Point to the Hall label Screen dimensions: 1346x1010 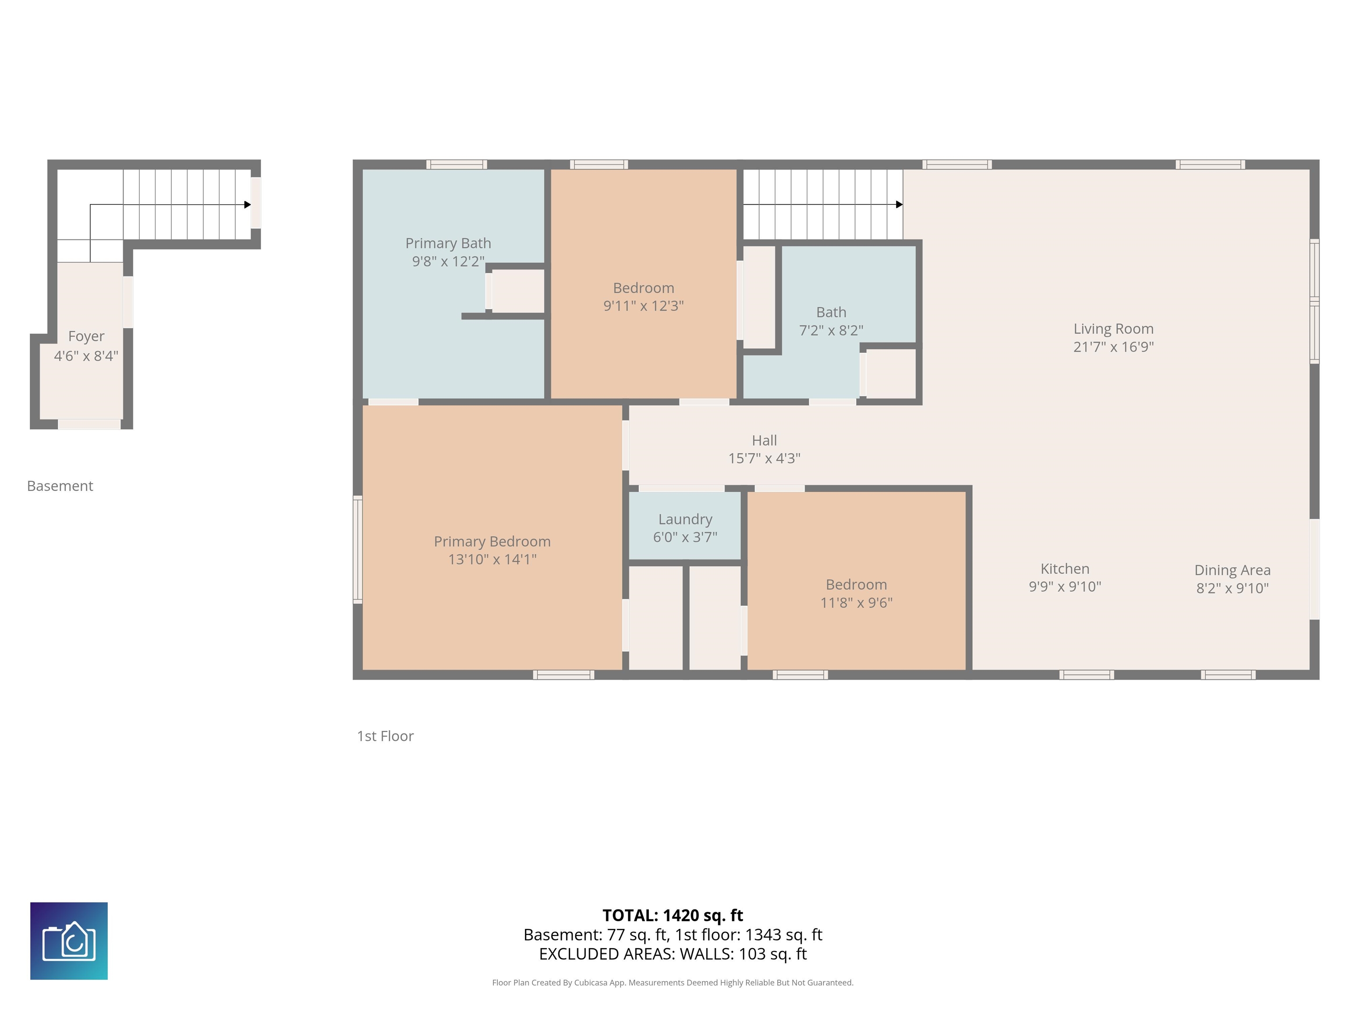click(764, 440)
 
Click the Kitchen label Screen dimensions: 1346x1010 click(1065, 569)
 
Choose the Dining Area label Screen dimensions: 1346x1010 click(1232, 570)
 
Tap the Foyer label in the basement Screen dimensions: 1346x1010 click(86, 337)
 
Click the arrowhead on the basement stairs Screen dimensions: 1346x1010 click(248, 205)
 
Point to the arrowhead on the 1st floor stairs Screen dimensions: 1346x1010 click(900, 205)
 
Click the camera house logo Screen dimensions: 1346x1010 click(69, 941)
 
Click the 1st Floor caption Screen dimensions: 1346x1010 click(385, 736)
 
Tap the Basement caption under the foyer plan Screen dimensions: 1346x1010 click(60, 486)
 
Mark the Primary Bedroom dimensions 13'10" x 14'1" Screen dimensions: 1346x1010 click(492, 559)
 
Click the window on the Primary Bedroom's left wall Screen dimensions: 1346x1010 click(358, 549)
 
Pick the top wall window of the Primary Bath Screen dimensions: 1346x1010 click(457, 164)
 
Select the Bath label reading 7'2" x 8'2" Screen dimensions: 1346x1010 click(831, 321)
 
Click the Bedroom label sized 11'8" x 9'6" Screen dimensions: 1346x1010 click(856, 594)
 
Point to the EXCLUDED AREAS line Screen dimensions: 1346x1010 click(673, 954)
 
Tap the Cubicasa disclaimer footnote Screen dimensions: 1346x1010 click(673, 983)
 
